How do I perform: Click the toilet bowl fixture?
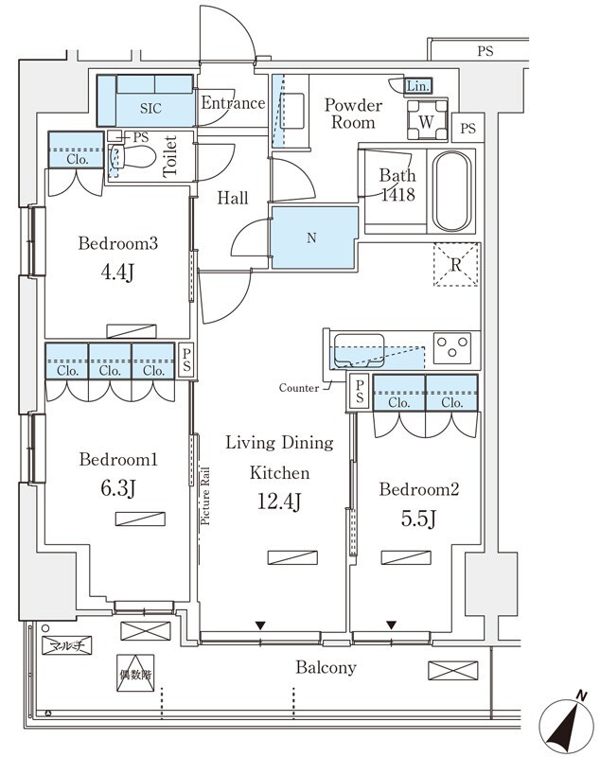coord(132,156)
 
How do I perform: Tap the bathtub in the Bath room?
coord(451,191)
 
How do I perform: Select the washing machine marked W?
coord(427,119)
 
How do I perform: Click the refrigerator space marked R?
coord(455,265)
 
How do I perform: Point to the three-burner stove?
coord(452,347)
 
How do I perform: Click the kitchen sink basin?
coord(359,350)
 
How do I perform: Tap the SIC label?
coord(150,108)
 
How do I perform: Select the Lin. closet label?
coord(418,86)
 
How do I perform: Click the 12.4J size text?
coord(279,502)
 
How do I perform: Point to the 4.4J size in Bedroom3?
coord(117,273)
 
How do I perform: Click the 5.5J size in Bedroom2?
coord(418,519)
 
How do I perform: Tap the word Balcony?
coord(326,668)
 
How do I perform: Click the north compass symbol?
coord(567,723)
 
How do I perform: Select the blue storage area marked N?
coord(314,238)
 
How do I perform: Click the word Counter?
coord(299,388)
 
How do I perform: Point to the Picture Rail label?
coord(205,496)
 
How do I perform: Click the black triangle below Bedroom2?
coord(391,625)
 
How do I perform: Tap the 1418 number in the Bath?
coord(398,195)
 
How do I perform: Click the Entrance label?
coord(233,103)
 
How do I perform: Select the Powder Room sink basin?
coord(291,111)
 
